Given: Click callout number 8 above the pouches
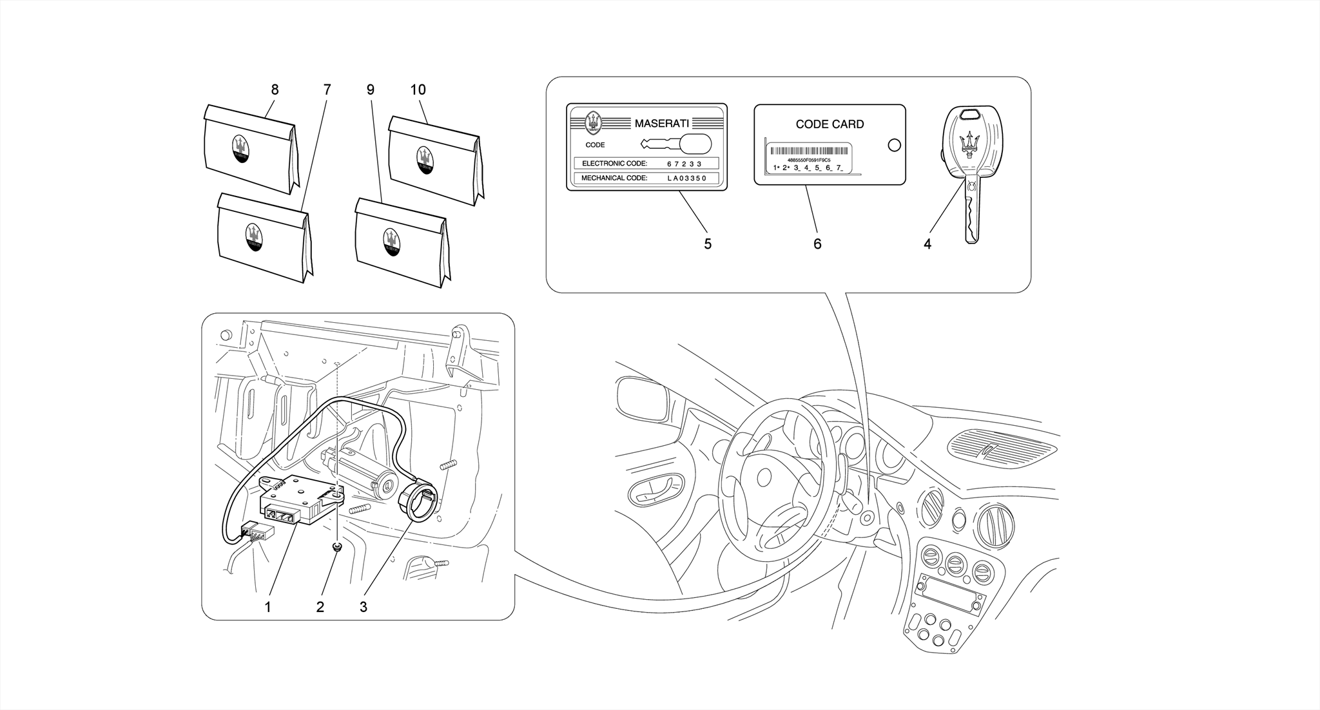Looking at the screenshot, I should (275, 90).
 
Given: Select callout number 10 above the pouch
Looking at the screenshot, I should (418, 90).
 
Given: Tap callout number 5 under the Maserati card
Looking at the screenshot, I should (708, 244).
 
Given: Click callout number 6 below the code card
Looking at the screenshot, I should (817, 244).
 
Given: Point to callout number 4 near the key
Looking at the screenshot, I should (927, 244).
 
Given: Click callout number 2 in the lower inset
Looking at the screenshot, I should (320, 607).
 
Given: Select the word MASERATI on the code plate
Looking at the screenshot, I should (661, 123).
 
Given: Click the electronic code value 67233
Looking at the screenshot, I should (684, 164).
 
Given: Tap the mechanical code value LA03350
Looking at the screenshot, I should (687, 178).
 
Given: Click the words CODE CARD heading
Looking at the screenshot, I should (830, 124).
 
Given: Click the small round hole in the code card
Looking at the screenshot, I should (894, 145).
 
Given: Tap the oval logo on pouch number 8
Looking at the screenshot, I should (240, 149).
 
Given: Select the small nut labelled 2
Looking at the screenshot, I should (336, 547).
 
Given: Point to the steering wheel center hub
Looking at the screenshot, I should (764, 477).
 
